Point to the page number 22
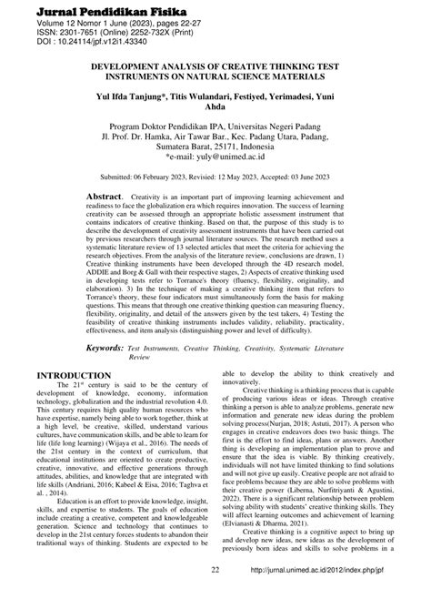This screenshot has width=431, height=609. pyautogui.click(x=215, y=596)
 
